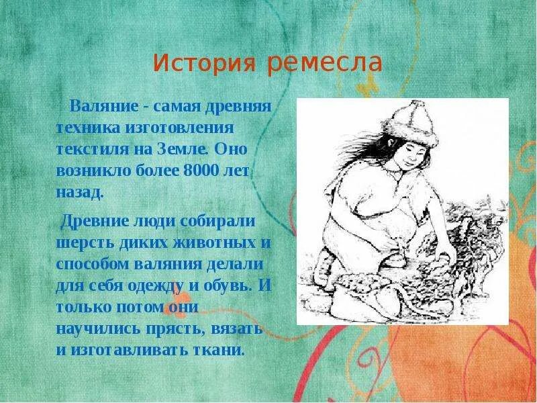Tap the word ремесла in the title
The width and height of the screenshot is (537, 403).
click(x=325, y=64)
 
